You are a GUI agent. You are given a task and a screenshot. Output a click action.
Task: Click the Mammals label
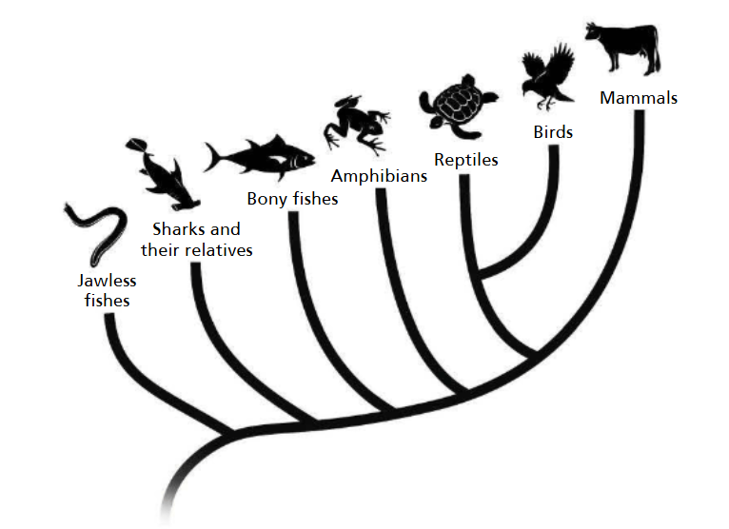click(638, 98)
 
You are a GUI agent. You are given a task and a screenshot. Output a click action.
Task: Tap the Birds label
click(553, 132)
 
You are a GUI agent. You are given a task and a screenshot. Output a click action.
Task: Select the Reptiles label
click(465, 160)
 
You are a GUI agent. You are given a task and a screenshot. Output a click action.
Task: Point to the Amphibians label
click(378, 175)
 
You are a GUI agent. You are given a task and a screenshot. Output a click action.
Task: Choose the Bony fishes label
click(292, 199)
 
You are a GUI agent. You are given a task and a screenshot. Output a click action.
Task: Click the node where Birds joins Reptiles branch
click(478, 276)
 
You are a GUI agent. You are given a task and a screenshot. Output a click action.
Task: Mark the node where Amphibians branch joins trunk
click(466, 391)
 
